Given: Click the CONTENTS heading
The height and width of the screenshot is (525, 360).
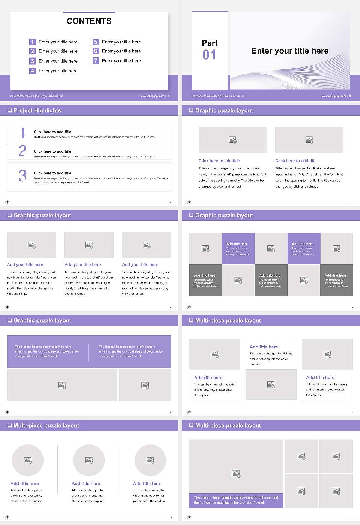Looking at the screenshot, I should tap(89, 21).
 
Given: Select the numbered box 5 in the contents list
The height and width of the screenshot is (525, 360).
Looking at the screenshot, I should tap(96, 42).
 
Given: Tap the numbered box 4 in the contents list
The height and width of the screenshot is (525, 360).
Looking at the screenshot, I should tap(32, 70).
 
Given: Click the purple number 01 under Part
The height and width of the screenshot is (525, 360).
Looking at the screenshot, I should tap(209, 55).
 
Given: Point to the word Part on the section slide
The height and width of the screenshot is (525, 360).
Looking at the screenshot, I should tap(210, 43).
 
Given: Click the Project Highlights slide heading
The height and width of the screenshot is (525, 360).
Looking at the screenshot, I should tap(37, 110).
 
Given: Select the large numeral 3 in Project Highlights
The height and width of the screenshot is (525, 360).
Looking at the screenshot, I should tap(22, 175).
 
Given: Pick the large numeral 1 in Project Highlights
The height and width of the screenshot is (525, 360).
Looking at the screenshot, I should tap(22, 133).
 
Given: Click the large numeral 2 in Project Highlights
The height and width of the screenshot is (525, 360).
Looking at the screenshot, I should tap(22, 151).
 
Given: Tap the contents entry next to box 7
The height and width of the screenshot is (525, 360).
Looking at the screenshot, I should tap(121, 61).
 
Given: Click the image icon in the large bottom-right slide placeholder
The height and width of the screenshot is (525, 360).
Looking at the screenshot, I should tap(236, 474).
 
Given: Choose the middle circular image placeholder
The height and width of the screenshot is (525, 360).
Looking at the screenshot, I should tap(89, 460).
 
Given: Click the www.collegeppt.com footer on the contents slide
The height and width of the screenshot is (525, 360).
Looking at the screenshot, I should tap(152, 96).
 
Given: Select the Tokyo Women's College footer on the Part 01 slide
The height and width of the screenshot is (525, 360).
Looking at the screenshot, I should tap(218, 96).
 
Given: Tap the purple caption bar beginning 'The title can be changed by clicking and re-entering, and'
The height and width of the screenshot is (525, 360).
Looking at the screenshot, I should tap(236, 500).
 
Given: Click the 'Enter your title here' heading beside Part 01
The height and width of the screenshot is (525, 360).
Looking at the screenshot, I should tap(290, 51).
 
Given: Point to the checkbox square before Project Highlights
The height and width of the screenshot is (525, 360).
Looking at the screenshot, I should tap(9, 110).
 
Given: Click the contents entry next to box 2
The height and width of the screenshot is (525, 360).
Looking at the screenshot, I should tap(58, 51).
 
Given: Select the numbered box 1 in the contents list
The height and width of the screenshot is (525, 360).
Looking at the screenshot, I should tap(32, 42).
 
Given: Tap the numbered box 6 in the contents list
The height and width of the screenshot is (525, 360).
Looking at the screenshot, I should tap(96, 51).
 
